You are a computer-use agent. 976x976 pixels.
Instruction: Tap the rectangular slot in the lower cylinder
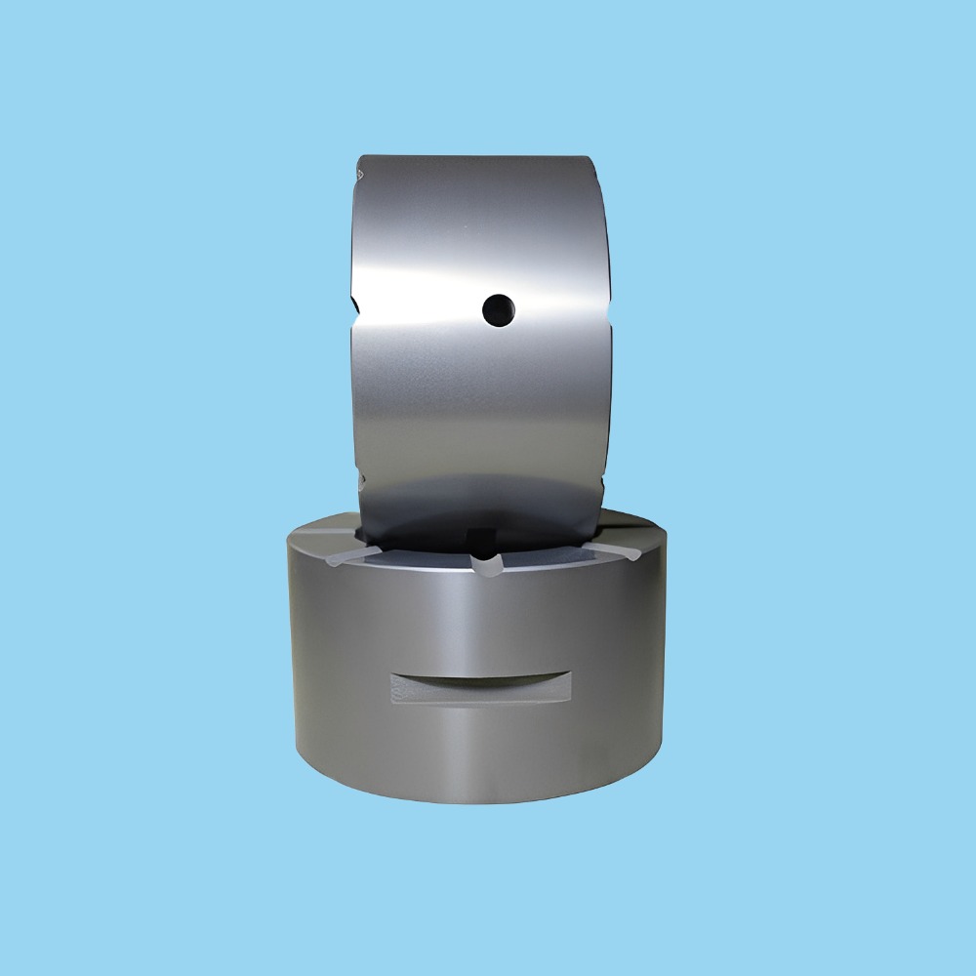[x=480, y=689]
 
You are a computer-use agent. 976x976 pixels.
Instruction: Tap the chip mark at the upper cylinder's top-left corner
[x=360, y=174]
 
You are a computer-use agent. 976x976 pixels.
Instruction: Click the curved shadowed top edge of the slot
[x=480, y=679]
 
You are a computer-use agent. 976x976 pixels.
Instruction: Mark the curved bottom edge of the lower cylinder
[x=478, y=800]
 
